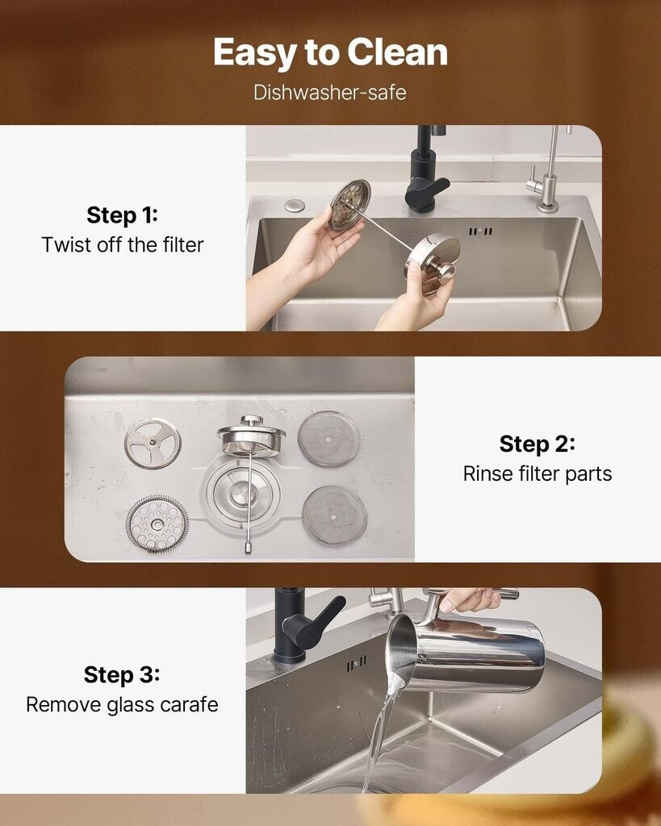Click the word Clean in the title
coord(397,52)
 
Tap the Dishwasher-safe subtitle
coord(330,93)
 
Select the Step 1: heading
coord(123,215)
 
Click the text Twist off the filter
coord(123,245)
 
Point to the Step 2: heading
coord(538,444)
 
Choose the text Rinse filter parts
coord(538,473)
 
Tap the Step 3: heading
coord(122,675)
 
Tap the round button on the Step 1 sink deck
coord(294,205)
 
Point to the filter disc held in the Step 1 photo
coord(349,205)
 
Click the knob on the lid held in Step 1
coord(441,269)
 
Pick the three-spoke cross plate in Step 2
coord(153,443)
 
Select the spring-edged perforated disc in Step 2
coord(157,524)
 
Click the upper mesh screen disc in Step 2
coord(329,438)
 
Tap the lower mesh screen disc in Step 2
coord(335,515)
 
